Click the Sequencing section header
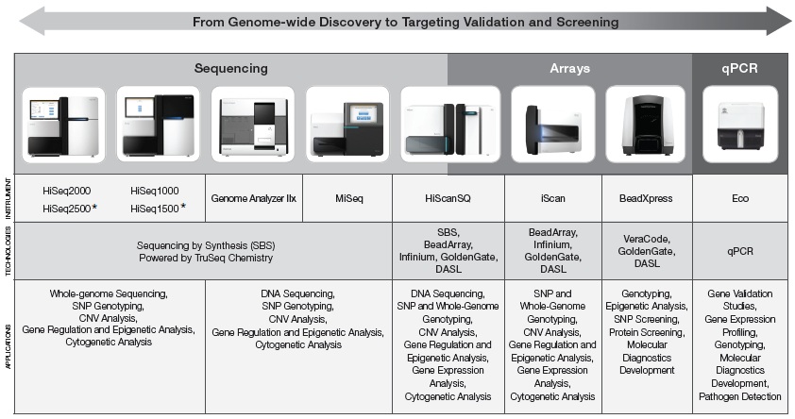pos(230,68)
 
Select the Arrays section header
pos(570,68)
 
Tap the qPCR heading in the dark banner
pos(739,68)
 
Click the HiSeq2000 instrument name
pos(66,191)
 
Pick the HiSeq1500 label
pos(155,209)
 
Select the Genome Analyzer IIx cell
pos(253,198)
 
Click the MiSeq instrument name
pos(348,198)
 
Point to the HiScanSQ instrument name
pos(448,198)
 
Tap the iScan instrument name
pos(552,198)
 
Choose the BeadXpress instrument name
pos(646,198)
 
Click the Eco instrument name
pos(740,198)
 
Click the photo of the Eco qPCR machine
pos(740,125)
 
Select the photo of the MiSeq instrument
pos(347,125)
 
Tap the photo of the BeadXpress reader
pos(646,125)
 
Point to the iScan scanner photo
pos(552,125)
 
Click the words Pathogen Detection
pos(739,396)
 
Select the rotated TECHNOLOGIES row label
pos(8,251)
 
